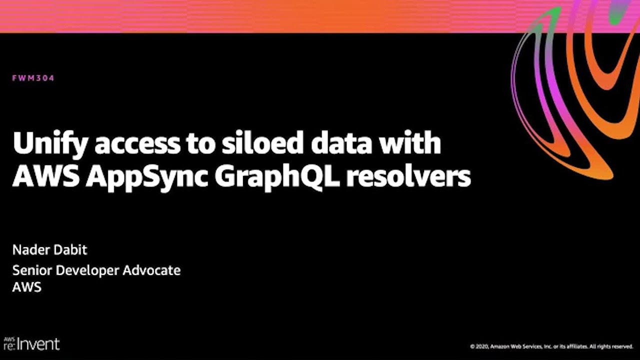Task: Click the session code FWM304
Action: pos(33,78)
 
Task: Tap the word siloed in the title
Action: pos(262,142)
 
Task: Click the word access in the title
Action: pos(137,145)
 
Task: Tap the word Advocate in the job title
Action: pos(151,270)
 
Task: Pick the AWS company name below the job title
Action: pos(27,287)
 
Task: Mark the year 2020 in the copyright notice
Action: pos(482,347)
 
